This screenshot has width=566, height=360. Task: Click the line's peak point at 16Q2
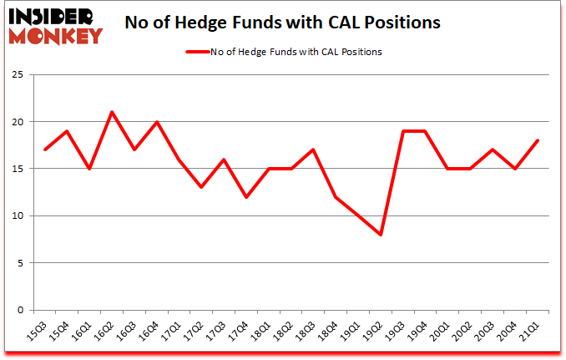pos(112,112)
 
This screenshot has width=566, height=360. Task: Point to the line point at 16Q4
pos(156,122)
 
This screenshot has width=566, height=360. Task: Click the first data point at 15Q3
pos(45,150)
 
